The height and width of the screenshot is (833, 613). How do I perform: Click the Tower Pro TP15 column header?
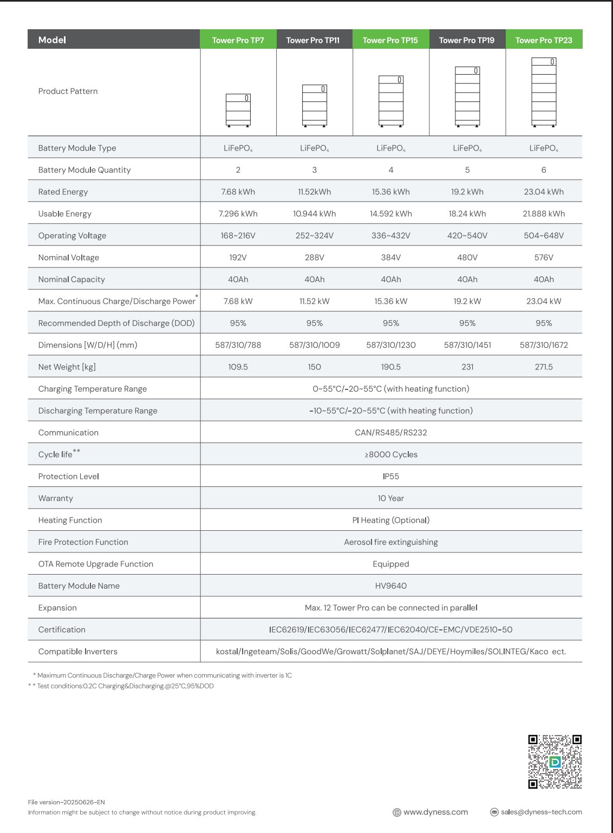[x=390, y=40]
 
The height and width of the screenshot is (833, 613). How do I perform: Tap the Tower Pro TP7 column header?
[x=238, y=40]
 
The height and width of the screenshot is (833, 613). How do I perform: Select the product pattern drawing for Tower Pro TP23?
[x=544, y=92]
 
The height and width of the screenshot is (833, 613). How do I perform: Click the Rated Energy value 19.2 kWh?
[x=467, y=192]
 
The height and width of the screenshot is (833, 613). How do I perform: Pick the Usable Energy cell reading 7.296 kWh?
[x=238, y=214]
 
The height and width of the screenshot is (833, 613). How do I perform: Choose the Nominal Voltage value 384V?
[x=390, y=258]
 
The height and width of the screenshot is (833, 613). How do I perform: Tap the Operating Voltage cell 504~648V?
[x=544, y=236]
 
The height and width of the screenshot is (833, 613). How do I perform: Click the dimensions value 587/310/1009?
[x=314, y=345]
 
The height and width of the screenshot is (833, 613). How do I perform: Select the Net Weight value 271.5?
[x=544, y=367]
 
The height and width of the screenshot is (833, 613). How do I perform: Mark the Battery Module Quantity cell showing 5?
[x=467, y=170]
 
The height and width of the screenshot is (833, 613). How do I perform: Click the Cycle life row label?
[x=56, y=454]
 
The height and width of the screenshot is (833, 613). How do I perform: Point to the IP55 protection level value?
[x=390, y=477]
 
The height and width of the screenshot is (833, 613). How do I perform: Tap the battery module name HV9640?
[x=390, y=586]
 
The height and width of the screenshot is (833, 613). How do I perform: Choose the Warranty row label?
[x=55, y=498]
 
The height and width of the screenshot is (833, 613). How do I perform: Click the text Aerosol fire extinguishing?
[x=390, y=542]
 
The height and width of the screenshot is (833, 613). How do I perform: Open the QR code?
[x=555, y=762]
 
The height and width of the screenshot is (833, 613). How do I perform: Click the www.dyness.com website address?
[x=435, y=812]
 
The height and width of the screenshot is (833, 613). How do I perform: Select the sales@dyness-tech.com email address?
[x=541, y=812]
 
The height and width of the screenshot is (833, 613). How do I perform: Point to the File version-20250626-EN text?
[x=66, y=802]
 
